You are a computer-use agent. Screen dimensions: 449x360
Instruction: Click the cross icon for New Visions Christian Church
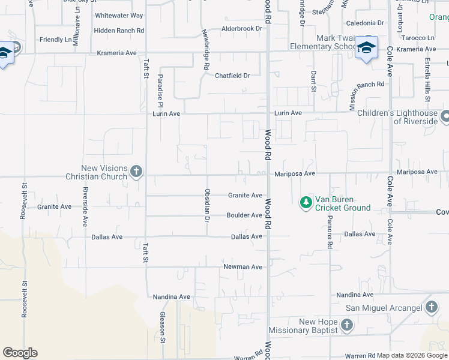click(x=136, y=172)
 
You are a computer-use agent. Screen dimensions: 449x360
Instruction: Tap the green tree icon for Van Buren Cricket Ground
click(x=306, y=203)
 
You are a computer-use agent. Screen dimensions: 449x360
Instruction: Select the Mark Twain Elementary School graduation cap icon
click(x=366, y=48)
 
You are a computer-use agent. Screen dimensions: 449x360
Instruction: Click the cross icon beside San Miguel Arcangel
click(x=431, y=308)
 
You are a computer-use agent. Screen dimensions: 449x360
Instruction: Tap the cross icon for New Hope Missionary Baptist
click(x=346, y=326)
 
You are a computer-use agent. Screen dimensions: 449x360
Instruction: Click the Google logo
click(x=20, y=353)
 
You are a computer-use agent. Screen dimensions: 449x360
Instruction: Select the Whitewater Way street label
click(x=119, y=15)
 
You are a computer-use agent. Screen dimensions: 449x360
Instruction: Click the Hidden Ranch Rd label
click(x=119, y=30)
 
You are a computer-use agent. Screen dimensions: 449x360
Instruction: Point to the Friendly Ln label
click(x=55, y=39)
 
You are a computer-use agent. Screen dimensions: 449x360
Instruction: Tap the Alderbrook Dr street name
click(x=243, y=28)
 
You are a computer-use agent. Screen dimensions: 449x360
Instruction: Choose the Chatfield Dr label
click(x=232, y=76)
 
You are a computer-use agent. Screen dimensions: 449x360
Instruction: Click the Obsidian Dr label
click(x=207, y=205)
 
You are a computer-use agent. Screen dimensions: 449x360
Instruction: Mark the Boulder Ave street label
click(x=244, y=215)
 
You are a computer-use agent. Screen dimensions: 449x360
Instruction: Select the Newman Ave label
click(x=243, y=266)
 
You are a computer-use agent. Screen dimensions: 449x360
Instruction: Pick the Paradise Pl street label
click(x=161, y=88)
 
